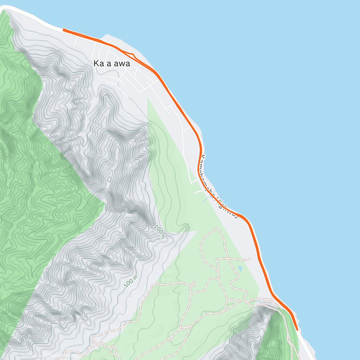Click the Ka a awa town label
[112, 64]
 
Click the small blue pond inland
[240, 268]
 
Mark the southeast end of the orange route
[297, 329]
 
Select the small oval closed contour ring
[109, 179]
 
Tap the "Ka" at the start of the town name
[98, 64]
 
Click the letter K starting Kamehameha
[203, 157]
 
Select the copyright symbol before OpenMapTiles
[16, 356]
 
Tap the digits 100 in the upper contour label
[158, 230]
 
